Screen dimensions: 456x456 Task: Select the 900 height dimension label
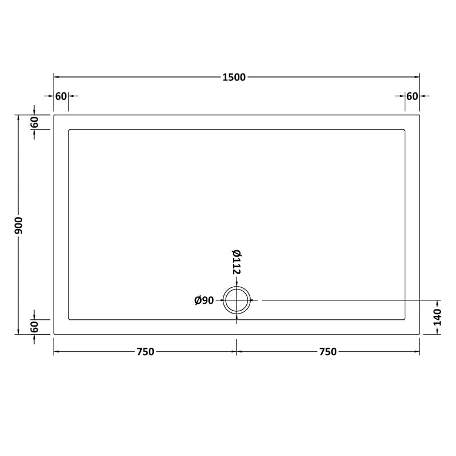pyautogui.click(x=18, y=225)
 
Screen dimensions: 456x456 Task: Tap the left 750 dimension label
pyautogui.click(x=145, y=352)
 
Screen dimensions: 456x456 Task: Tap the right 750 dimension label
pyautogui.click(x=328, y=352)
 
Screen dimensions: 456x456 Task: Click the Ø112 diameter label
pyautogui.click(x=236, y=263)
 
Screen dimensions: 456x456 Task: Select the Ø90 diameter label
pyautogui.click(x=203, y=300)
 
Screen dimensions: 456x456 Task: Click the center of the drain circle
pyautogui.click(x=237, y=300)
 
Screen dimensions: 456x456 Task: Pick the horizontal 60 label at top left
pyautogui.click(x=61, y=96)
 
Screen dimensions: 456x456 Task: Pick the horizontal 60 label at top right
pyautogui.click(x=412, y=96)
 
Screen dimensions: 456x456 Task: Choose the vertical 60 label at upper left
pyautogui.click(x=34, y=122)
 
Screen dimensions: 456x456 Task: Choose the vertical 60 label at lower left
pyautogui.click(x=34, y=327)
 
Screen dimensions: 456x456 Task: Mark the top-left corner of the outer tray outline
pyautogui.click(x=54, y=116)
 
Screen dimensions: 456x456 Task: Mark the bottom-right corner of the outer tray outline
pyautogui.click(x=420, y=334)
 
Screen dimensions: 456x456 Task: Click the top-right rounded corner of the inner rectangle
pyautogui.click(x=404, y=131)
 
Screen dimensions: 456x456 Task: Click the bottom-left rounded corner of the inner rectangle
pyautogui.click(x=70, y=318)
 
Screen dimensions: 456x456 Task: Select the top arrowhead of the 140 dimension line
pyautogui.click(x=438, y=302)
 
